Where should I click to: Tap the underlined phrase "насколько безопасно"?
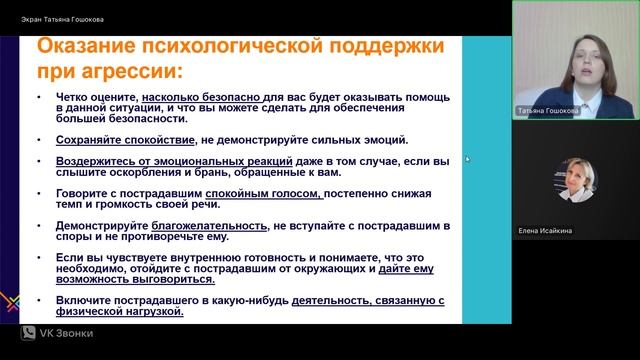pyautogui.click(x=184, y=99)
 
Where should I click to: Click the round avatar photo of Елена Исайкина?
pyautogui.click(x=576, y=179)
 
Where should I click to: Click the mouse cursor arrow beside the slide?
pyautogui.click(x=467, y=158)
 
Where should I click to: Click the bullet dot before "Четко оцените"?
pyautogui.click(x=36, y=99)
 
